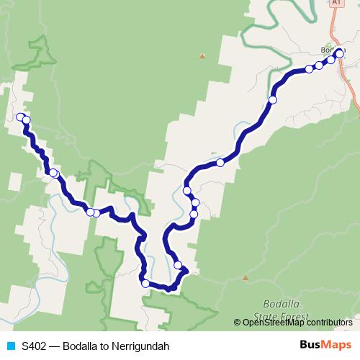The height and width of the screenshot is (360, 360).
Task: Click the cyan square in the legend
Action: click(x=10, y=346)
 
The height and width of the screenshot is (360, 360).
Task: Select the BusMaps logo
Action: click(x=325, y=345)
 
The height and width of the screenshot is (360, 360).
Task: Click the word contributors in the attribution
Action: click(x=330, y=322)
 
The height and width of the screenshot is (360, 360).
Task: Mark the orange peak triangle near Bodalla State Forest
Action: click(x=246, y=277)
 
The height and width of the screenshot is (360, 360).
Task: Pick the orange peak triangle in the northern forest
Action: click(x=202, y=55)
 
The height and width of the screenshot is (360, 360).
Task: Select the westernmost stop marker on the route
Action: click(x=20, y=117)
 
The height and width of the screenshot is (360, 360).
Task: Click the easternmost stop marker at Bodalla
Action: click(x=340, y=53)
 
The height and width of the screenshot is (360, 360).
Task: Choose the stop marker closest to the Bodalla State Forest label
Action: click(x=178, y=265)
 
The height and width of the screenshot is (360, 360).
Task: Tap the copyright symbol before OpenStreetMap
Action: click(x=238, y=322)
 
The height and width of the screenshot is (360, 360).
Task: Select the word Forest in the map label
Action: click(x=294, y=317)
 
